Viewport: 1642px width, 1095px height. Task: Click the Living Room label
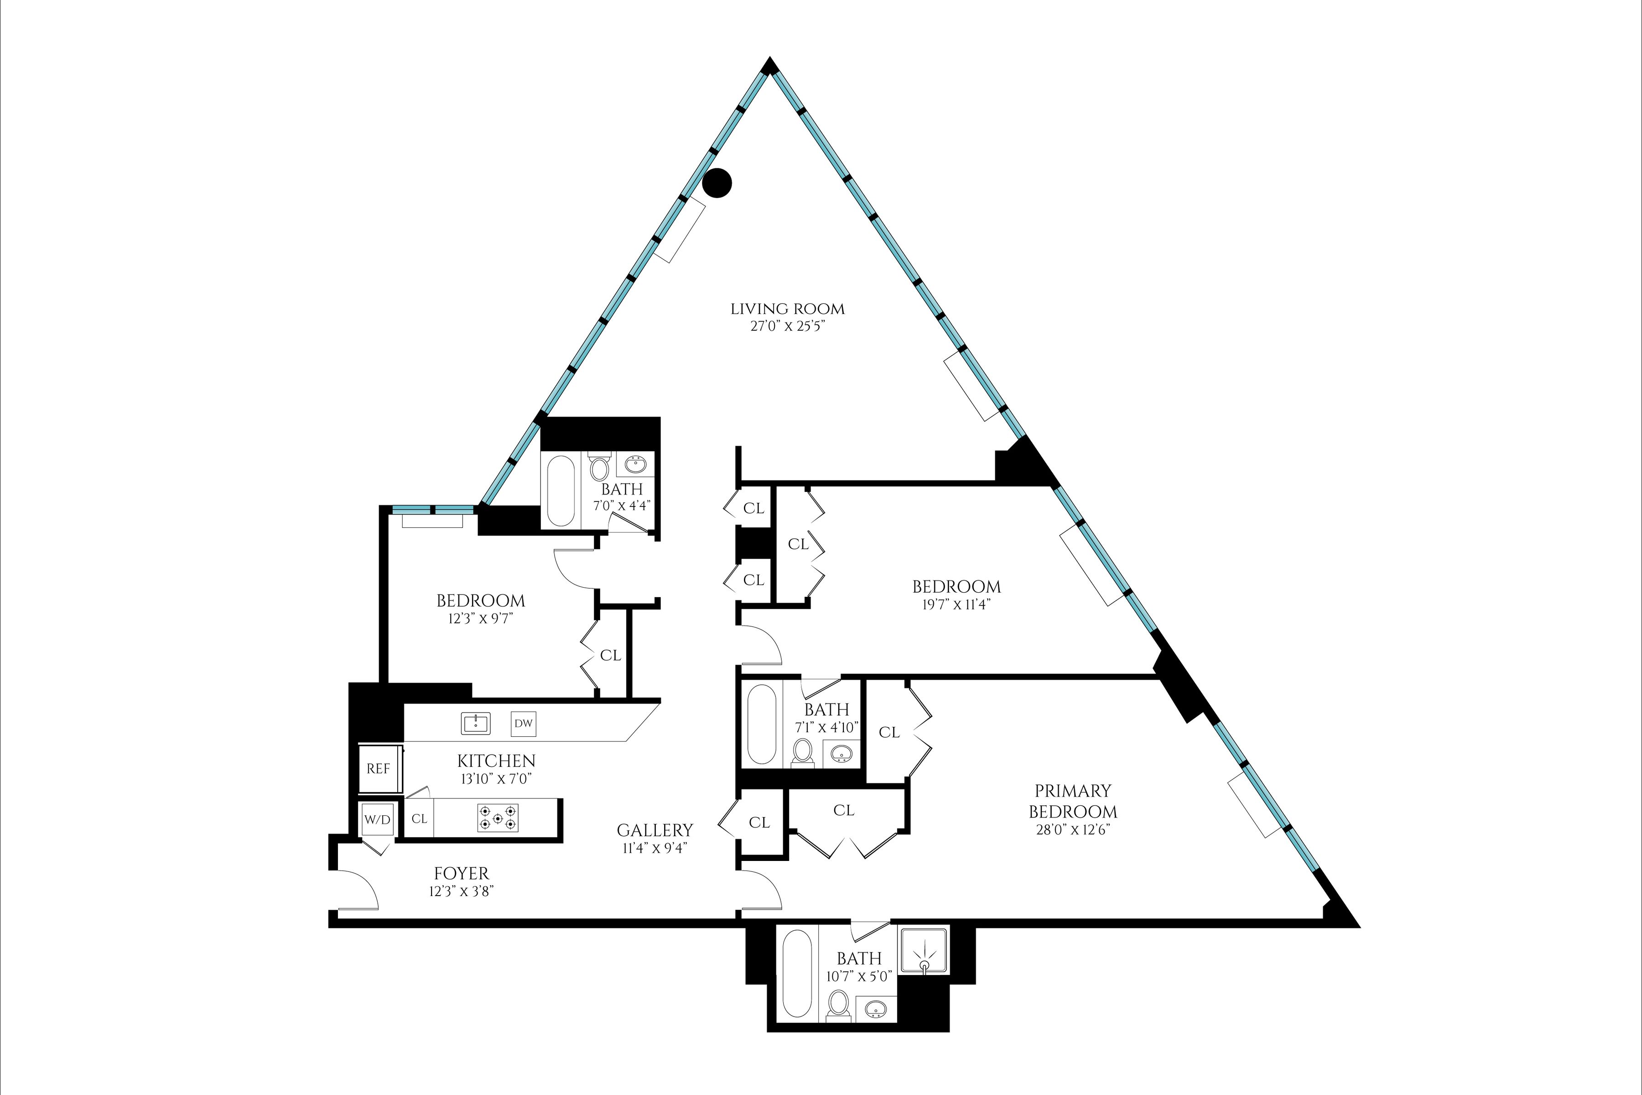click(788, 309)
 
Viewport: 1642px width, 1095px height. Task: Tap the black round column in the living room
click(717, 183)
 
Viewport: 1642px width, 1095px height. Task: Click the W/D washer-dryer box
click(377, 820)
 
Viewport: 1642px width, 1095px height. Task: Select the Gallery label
click(655, 830)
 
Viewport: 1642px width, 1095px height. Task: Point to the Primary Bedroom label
click(1072, 801)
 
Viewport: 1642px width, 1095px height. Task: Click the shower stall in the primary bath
click(924, 950)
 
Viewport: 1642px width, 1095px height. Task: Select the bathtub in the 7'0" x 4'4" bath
click(561, 490)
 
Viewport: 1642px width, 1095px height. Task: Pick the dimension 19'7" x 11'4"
click(956, 604)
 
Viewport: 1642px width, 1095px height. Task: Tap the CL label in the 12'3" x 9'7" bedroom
click(610, 655)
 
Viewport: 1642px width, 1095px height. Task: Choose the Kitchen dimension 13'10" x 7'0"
click(496, 779)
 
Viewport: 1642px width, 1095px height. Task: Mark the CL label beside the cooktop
click(419, 819)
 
